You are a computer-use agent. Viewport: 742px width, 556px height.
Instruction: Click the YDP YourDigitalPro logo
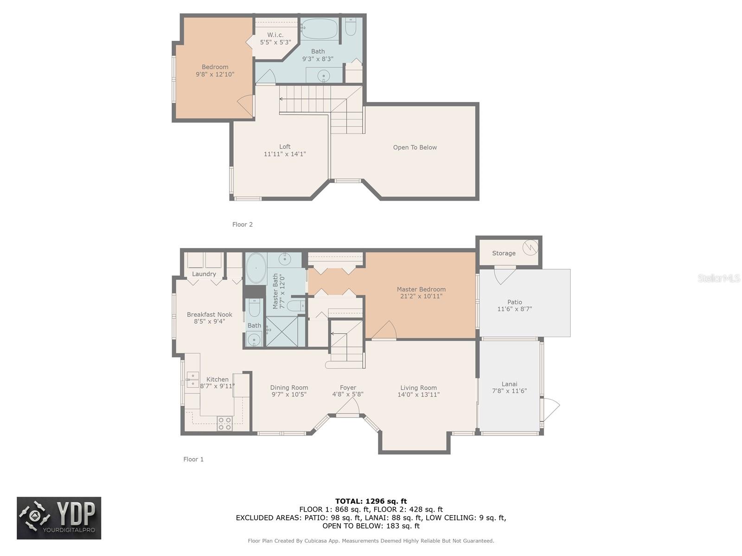point(59,518)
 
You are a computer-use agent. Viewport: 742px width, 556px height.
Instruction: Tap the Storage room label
point(503,253)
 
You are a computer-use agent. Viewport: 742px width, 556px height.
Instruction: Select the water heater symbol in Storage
point(530,247)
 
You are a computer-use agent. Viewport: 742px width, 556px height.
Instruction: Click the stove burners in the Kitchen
point(224,423)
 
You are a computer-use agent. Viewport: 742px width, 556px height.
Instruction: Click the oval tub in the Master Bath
point(256,268)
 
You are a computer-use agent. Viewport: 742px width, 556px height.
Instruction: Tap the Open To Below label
point(415,147)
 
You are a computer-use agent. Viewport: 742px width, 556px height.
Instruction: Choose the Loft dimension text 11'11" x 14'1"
point(285,154)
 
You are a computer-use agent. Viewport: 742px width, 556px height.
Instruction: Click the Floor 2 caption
point(243,225)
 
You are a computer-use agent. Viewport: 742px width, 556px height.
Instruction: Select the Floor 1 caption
point(193,459)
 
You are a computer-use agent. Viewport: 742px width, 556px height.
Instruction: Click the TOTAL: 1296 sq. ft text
point(371,501)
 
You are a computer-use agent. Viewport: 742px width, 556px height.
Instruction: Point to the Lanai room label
point(509,384)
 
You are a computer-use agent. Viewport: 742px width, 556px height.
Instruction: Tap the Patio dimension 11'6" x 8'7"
point(514,309)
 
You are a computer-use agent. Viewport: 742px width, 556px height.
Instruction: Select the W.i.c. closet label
point(275,35)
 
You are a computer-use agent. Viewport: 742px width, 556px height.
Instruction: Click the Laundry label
point(204,274)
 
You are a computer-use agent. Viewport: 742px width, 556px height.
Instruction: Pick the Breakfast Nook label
point(210,315)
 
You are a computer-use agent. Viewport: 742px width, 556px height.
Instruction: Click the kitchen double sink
point(192,379)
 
